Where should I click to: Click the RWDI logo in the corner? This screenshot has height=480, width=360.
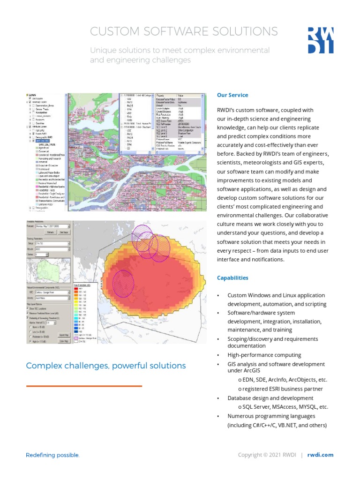321,40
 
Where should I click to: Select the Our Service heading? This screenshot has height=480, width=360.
232,95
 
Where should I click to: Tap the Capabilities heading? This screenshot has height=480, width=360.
232,278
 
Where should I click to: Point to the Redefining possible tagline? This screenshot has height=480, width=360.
52,455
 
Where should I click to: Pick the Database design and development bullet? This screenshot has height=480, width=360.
270,398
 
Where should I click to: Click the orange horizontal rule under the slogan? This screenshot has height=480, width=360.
84,386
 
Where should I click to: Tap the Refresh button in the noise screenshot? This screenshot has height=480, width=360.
51,232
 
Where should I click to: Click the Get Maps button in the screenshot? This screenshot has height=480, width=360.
64,232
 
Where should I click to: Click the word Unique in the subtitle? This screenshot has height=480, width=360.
103,50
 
